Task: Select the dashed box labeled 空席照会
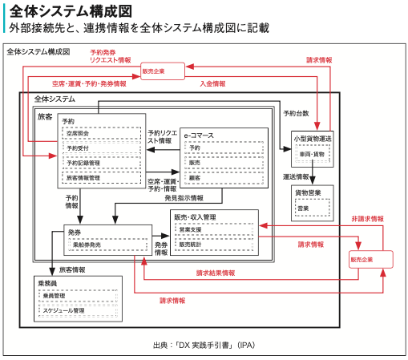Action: [x=101, y=134]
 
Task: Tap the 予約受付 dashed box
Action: [x=101, y=148]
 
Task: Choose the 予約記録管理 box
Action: [x=101, y=163]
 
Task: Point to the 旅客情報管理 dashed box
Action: [x=101, y=177]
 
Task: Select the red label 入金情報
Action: [x=212, y=83]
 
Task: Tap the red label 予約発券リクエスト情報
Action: [x=110, y=55]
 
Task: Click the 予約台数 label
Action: [x=296, y=115]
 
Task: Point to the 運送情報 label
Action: [x=296, y=176]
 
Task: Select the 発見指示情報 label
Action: [x=184, y=197]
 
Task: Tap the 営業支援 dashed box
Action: [x=215, y=229]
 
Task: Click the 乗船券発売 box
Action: [x=107, y=245]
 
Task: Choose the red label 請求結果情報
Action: [x=216, y=273]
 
